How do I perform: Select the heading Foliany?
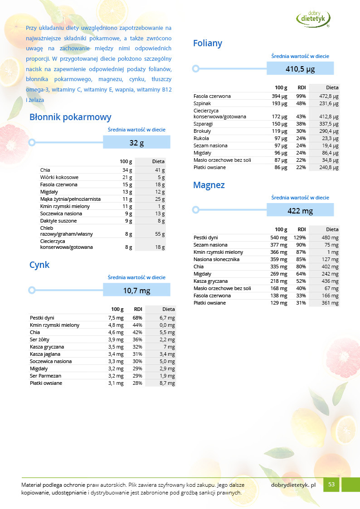[208, 44]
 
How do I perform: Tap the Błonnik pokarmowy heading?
[70, 117]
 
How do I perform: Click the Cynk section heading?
[39, 265]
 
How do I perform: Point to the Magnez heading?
[209, 185]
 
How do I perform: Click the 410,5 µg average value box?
[300, 69]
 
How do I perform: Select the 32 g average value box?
[136, 143]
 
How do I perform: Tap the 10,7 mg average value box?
[136, 291]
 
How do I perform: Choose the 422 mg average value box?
[300, 210]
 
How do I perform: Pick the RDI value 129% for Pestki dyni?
[301, 238]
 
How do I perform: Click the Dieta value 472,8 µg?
[329, 96]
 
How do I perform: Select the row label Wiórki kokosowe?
[59, 177]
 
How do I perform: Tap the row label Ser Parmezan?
[45, 376]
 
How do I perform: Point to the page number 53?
[331, 485]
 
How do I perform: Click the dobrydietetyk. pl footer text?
[293, 485]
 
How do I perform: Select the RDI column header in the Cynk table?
[138, 309]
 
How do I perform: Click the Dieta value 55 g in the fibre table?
[160, 234]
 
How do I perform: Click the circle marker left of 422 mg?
[195, 210]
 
